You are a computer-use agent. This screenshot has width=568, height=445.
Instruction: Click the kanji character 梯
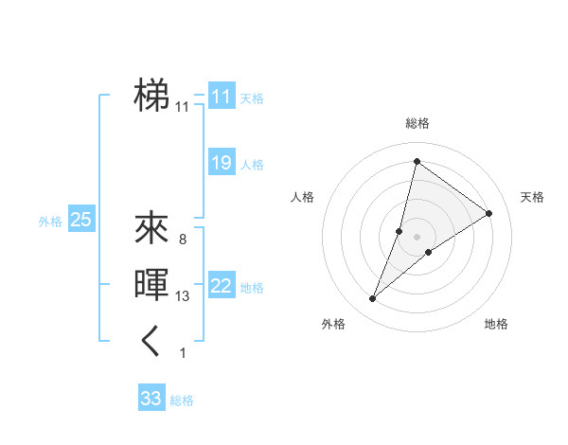click(151, 95)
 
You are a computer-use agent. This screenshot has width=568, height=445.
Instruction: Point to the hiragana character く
click(151, 342)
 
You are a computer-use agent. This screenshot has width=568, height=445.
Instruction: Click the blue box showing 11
click(222, 97)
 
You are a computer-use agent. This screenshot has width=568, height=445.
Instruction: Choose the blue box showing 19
click(222, 163)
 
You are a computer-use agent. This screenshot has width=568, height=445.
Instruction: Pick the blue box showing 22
click(222, 286)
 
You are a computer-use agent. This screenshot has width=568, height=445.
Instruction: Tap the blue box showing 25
click(81, 221)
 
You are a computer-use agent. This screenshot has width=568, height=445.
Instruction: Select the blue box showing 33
click(151, 399)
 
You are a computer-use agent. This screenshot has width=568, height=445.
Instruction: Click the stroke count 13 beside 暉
click(183, 296)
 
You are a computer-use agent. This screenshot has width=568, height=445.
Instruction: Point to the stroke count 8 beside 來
click(183, 240)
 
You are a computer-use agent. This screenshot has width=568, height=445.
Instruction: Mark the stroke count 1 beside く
click(183, 353)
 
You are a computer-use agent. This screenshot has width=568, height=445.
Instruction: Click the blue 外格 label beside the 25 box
click(50, 222)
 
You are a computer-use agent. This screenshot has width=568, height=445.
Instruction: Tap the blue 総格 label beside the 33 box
click(182, 400)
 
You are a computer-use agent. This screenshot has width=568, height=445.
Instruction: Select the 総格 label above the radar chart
click(417, 124)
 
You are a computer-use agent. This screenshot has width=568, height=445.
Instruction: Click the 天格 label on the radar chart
click(532, 197)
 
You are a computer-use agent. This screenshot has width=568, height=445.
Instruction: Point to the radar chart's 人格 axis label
click(302, 197)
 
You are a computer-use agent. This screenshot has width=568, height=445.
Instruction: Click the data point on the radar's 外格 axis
click(373, 299)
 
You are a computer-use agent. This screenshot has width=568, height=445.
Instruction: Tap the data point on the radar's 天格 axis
click(489, 213)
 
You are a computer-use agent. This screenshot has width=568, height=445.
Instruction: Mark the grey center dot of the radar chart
click(417, 237)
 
